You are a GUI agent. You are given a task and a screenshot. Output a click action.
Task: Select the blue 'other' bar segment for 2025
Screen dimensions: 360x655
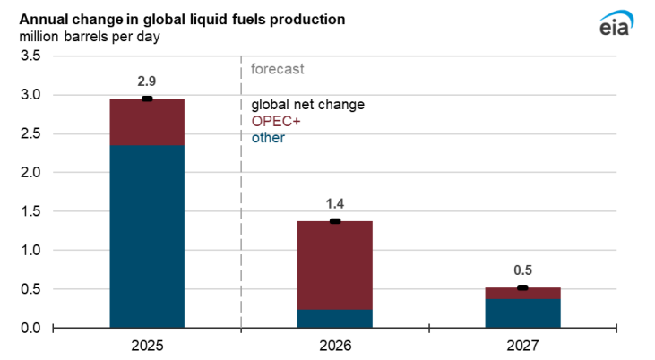pos(147,236)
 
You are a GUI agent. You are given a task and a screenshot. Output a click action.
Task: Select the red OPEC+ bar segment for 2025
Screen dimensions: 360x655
pos(147,122)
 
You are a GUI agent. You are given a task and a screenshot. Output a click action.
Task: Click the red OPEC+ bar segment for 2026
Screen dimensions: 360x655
pos(334,265)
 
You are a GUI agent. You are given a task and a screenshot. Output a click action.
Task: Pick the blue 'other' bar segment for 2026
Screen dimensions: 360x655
pos(334,319)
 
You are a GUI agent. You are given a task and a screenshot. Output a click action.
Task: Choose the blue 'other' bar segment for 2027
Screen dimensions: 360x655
pos(521,313)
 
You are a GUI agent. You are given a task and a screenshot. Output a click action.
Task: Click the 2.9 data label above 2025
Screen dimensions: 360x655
pos(147,81)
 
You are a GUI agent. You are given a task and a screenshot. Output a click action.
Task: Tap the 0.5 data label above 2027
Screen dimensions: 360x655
pos(521,270)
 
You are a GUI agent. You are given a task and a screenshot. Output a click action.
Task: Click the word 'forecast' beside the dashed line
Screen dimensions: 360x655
pos(278,69)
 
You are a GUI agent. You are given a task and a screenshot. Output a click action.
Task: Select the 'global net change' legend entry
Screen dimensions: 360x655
pos(307,105)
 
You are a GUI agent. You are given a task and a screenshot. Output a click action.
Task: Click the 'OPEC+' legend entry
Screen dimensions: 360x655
pos(276,121)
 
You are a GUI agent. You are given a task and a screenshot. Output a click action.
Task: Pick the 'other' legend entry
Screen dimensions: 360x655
pos(269,137)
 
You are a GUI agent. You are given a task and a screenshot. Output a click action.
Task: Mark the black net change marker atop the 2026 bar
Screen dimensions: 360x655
pos(334,221)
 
